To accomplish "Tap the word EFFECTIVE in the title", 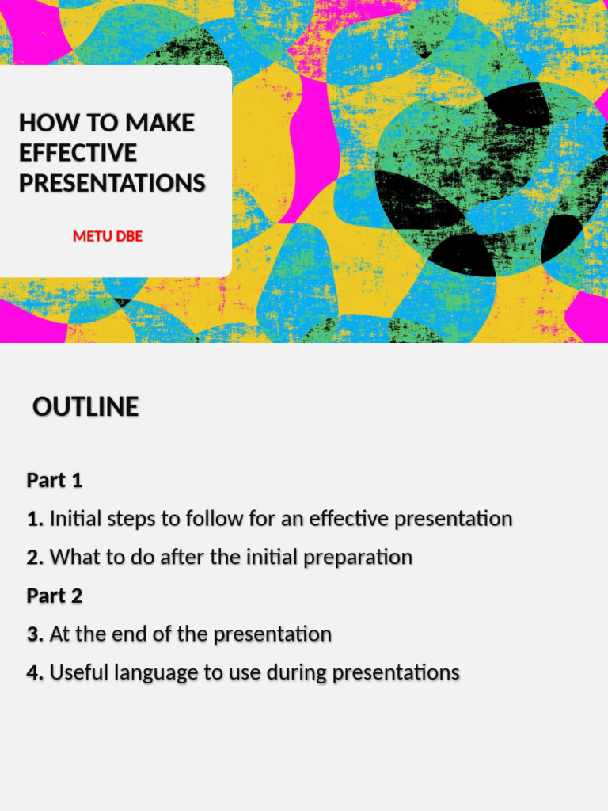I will point(78,153).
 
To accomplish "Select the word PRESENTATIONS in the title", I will point(112,183).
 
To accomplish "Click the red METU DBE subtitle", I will point(108,236).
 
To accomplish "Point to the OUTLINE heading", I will point(85,407).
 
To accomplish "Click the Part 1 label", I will point(55,481).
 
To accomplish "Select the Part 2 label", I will point(55,596).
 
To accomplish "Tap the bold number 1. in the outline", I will point(36,520).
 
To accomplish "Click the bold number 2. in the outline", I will point(36,558).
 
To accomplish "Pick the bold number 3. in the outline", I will point(36,634).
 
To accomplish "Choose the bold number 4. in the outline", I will point(36,672).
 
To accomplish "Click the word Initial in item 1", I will point(74,520).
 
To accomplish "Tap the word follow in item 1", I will point(211,520).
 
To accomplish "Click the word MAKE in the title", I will point(160,123).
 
